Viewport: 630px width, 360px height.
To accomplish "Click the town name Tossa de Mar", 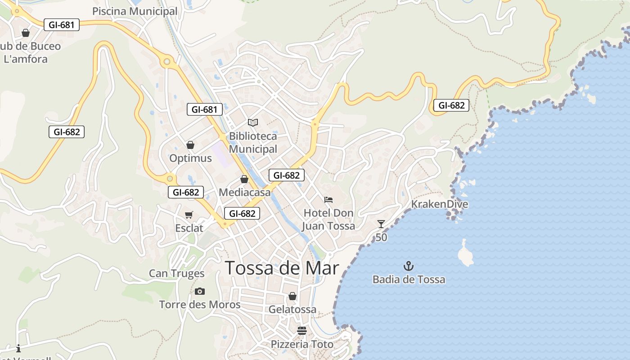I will pyautogui.click(x=282, y=268).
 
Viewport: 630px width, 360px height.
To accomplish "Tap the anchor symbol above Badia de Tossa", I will pyautogui.click(x=409, y=265).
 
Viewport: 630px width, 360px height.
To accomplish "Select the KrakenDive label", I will pyautogui.click(x=440, y=204).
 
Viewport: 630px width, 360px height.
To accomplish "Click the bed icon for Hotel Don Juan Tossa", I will pyautogui.click(x=328, y=199).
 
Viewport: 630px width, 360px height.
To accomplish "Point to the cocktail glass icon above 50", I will pyautogui.click(x=381, y=224).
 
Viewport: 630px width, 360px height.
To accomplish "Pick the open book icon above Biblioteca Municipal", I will pyautogui.click(x=253, y=122).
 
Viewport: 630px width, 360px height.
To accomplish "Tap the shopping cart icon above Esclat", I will pyautogui.click(x=189, y=215).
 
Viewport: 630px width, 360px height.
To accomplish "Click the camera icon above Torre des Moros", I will pyautogui.click(x=200, y=292).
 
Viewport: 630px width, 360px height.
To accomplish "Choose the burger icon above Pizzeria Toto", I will pyautogui.click(x=301, y=331).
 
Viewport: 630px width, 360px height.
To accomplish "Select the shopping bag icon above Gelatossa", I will pyautogui.click(x=292, y=296).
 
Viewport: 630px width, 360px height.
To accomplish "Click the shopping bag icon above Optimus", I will pyautogui.click(x=190, y=145).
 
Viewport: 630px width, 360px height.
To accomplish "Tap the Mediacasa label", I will pyautogui.click(x=245, y=193).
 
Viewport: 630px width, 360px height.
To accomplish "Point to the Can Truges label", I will pyautogui.click(x=176, y=274).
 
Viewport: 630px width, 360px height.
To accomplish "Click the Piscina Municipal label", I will pyautogui.click(x=135, y=11).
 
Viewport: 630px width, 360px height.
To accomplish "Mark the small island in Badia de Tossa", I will pyautogui.click(x=465, y=253).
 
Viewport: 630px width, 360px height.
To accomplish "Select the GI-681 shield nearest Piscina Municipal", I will pyautogui.click(x=62, y=25).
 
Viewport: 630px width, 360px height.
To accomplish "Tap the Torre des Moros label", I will pyautogui.click(x=200, y=305).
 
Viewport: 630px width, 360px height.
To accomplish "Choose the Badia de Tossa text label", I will pyautogui.click(x=409, y=279).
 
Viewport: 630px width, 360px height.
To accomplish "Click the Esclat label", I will pyautogui.click(x=189, y=228).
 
